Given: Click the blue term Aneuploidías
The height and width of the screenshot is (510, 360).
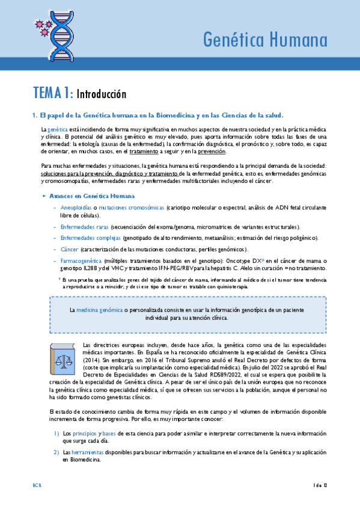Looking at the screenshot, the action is [x=76, y=206].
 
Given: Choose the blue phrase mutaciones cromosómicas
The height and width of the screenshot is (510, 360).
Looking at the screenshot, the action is [x=131, y=206].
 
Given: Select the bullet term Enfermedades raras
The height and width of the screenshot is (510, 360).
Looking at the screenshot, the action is [x=85, y=227].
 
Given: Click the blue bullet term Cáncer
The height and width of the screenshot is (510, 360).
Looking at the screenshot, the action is [x=69, y=249].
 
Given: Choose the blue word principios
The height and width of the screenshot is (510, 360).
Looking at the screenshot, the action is [x=85, y=433].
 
